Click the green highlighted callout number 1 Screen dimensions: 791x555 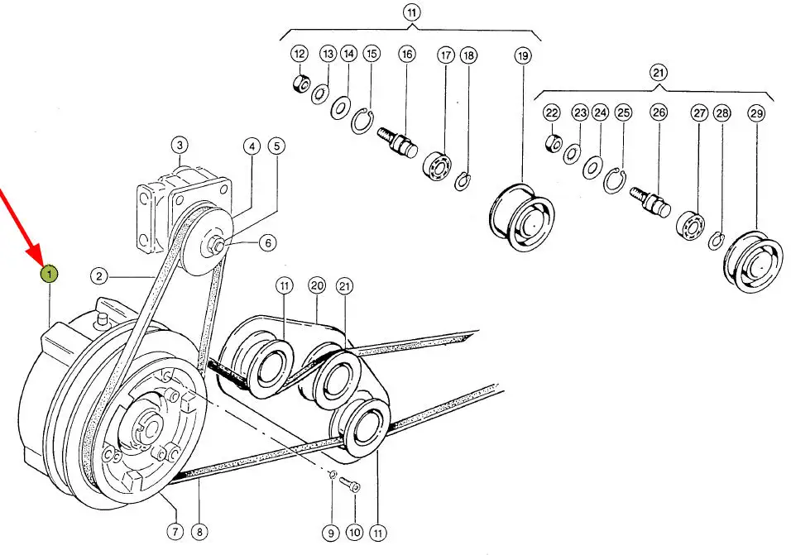49,275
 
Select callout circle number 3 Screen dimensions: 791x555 180,146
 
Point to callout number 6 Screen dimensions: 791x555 268,243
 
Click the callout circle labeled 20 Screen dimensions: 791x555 317,286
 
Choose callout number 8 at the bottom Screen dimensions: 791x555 199,531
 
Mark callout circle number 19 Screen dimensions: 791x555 523,55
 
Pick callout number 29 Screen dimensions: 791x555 756,113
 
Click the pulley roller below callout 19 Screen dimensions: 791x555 521,217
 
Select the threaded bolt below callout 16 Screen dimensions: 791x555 397,141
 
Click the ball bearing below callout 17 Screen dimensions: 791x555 438,165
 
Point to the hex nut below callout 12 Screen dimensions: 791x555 300,84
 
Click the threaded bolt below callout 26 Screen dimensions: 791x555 650,201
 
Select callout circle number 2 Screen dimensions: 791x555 99,275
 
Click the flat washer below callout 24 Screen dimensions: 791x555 592,167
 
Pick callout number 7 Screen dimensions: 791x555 175,531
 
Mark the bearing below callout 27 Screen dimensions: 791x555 690,224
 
